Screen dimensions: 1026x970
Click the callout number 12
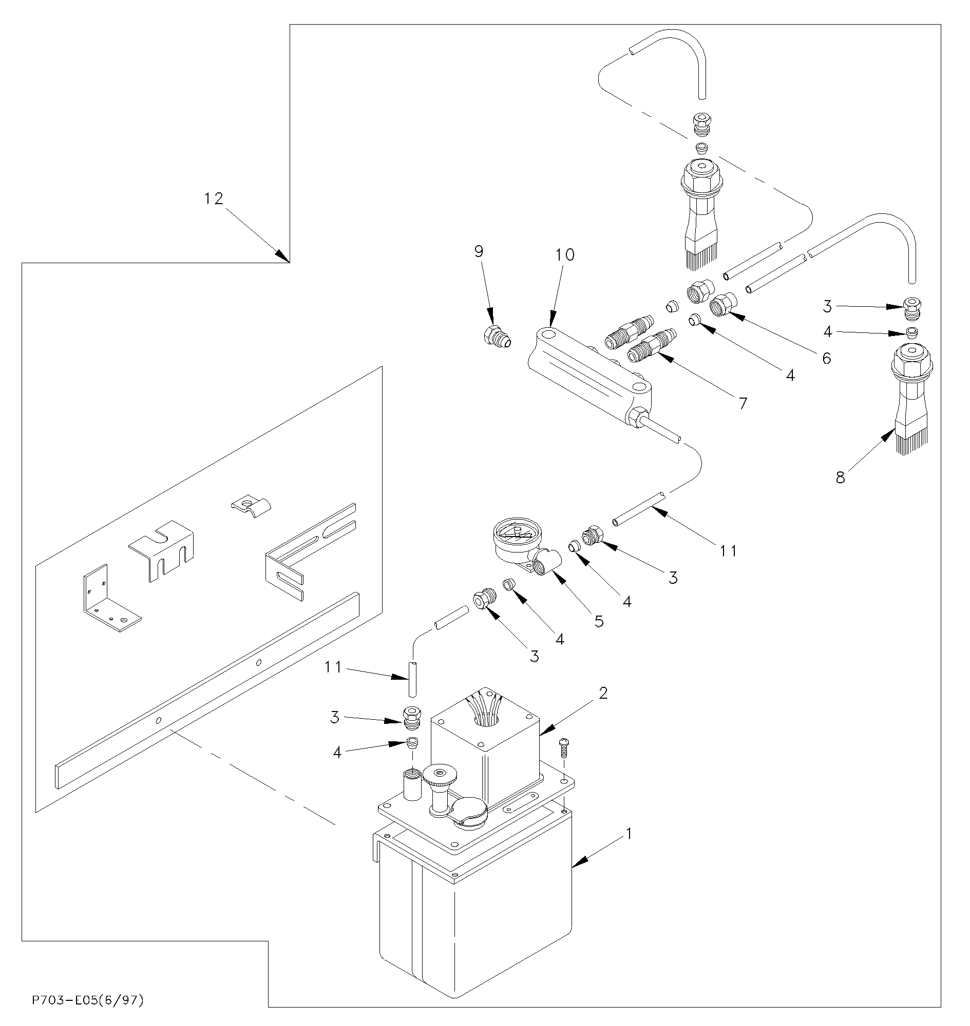[213, 199]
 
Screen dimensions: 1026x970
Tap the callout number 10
[565, 255]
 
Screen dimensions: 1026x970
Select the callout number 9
[479, 251]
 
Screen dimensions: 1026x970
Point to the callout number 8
[841, 478]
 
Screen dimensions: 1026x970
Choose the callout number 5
[599, 621]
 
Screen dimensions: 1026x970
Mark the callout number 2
[603, 693]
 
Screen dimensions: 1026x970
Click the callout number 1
[629, 834]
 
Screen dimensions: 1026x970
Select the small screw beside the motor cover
[564, 746]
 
